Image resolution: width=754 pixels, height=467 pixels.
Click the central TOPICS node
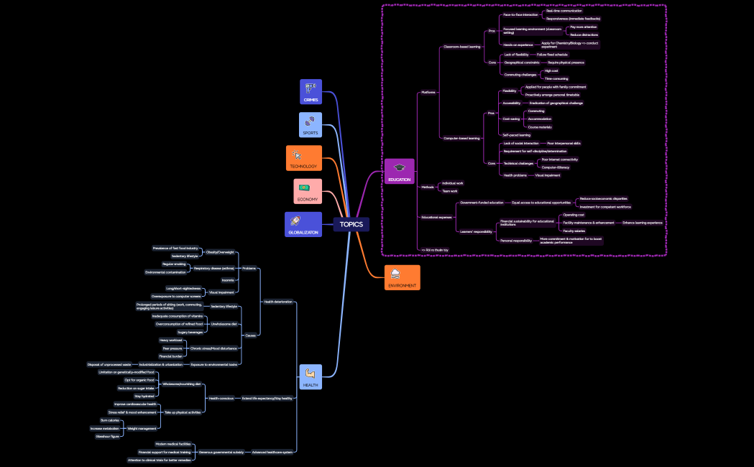click(x=351, y=224)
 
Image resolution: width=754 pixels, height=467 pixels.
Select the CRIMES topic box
click(x=311, y=92)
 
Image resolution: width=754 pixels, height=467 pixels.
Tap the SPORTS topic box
click(x=311, y=124)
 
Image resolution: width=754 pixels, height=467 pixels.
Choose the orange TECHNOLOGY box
click(x=303, y=158)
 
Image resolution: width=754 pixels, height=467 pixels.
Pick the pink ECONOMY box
click(x=307, y=191)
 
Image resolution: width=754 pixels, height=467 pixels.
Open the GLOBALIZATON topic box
click(x=303, y=223)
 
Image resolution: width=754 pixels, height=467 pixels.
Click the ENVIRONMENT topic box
click(x=402, y=277)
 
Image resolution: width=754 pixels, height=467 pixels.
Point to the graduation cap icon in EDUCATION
click(x=399, y=167)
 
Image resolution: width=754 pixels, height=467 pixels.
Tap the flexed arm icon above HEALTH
click(x=311, y=373)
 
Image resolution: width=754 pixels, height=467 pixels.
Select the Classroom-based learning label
click(x=462, y=47)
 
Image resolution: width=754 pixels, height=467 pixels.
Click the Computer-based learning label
click(x=461, y=138)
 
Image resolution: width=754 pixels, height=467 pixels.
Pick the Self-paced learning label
click(x=517, y=135)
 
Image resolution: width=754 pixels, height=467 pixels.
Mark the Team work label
click(x=450, y=191)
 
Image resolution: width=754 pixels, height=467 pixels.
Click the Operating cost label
click(x=574, y=215)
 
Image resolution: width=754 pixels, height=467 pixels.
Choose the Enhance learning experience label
click(x=643, y=223)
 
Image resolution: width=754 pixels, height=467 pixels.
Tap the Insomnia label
click(x=228, y=280)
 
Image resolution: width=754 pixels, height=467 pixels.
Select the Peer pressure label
click(x=172, y=348)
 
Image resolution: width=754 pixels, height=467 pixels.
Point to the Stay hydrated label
click(x=144, y=396)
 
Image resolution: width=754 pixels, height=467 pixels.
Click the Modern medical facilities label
click(x=173, y=444)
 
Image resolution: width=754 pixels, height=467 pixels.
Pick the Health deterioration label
click(x=278, y=302)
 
